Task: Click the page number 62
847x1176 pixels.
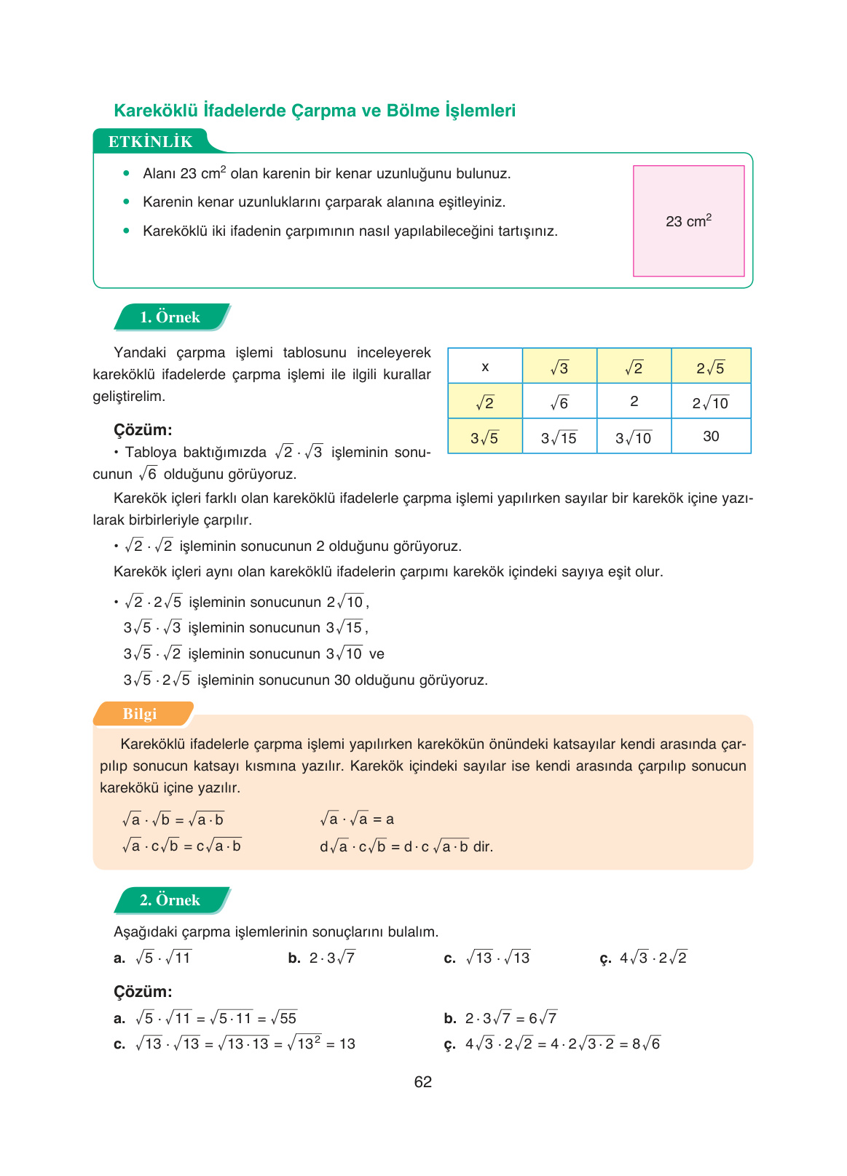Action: click(x=422, y=1082)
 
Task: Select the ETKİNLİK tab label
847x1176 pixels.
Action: click(x=150, y=141)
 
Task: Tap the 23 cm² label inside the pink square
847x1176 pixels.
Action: click(x=688, y=221)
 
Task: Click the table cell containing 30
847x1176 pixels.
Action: click(x=711, y=436)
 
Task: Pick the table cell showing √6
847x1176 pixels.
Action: click(x=559, y=402)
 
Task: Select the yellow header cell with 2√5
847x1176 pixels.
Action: click(x=710, y=367)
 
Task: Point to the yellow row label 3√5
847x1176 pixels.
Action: click(x=484, y=437)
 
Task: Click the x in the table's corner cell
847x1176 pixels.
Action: click(x=485, y=367)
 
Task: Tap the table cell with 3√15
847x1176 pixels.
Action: click(x=559, y=437)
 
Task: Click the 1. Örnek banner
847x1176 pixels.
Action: click(x=170, y=317)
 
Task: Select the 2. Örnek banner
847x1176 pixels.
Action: click(x=170, y=900)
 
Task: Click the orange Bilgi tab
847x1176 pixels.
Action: click(x=140, y=714)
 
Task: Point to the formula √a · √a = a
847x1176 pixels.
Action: click(x=357, y=819)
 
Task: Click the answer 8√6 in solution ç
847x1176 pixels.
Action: click(x=646, y=1044)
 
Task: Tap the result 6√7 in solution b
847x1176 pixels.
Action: click(x=543, y=1018)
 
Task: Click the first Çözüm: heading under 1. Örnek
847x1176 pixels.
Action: click(x=143, y=429)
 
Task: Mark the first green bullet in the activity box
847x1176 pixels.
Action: click(x=127, y=173)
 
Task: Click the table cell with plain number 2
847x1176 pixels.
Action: click(x=634, y=402)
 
